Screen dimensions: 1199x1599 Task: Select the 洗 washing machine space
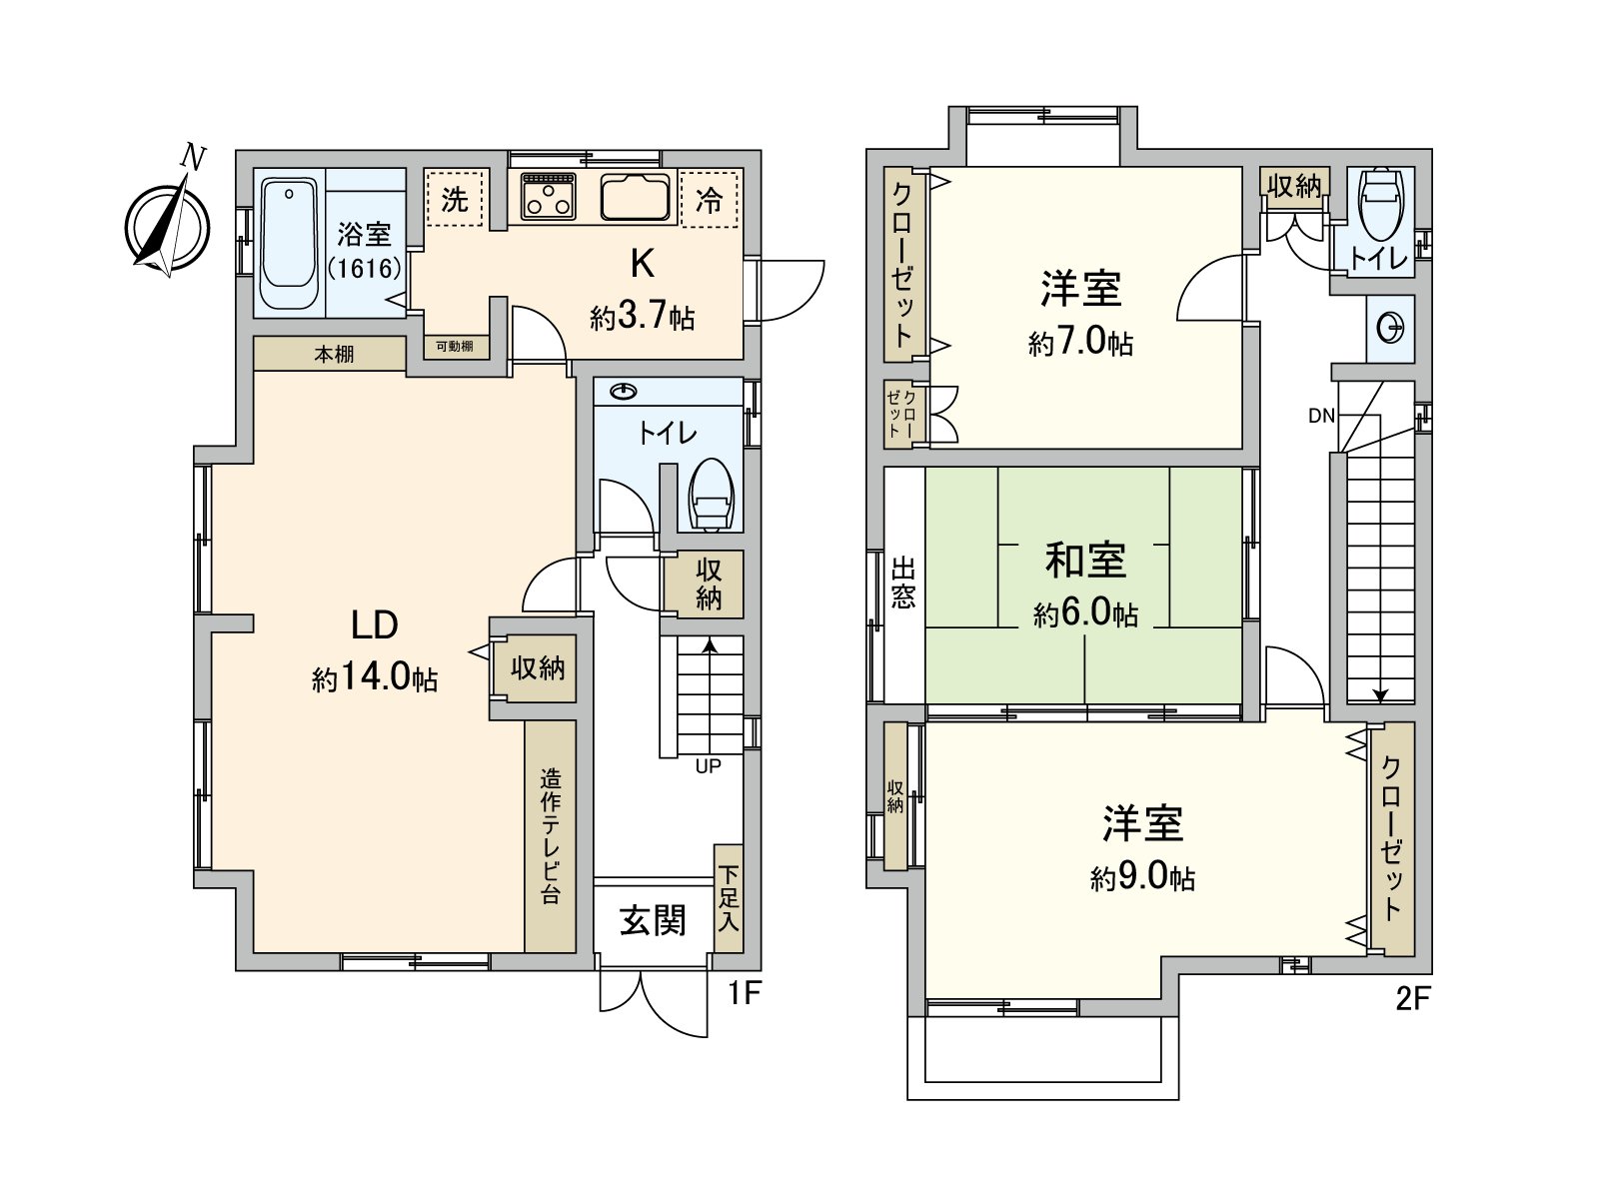[455, 200]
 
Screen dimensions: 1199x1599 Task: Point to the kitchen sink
[636, 197]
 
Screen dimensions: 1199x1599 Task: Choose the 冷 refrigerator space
[709, 200]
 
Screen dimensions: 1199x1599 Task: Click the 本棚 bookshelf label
[334, 354]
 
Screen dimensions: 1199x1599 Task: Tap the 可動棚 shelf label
[456, 347]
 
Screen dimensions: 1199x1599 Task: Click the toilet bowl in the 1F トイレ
[712, 495]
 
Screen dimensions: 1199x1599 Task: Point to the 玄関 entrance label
[653, 920]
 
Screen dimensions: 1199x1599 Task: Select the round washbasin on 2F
[1390, 328]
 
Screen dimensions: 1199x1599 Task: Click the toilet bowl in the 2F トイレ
[1380, 201]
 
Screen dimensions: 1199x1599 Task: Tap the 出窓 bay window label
[903, 583]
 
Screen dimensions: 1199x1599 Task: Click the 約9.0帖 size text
[1142, 878]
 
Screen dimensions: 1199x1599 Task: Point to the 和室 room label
[1085, 560]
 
